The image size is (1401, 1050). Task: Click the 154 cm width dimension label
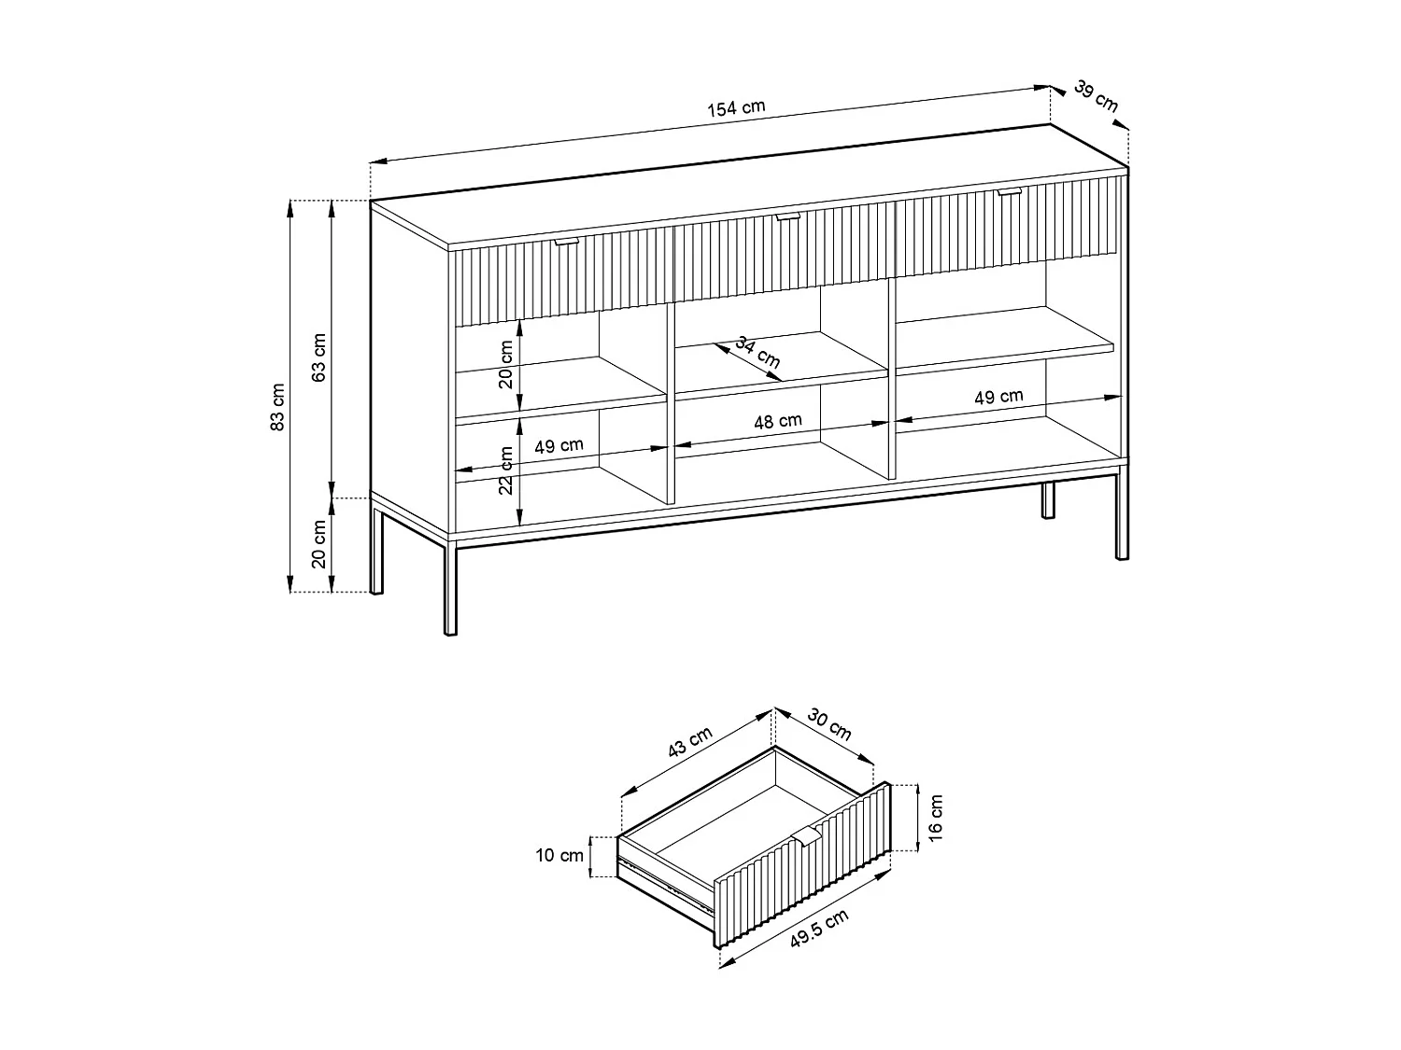pos(735,107)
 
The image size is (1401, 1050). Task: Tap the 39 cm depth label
pos(1096,96)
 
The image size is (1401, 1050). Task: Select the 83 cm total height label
pos(277,407)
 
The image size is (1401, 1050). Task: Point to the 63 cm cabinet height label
pos(318,357)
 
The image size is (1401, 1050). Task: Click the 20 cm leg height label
pos(318,545)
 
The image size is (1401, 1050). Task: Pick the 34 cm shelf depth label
pos(757,351)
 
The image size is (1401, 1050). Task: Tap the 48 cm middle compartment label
pos(778,421)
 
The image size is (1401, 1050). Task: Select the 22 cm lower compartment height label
pos(506,470)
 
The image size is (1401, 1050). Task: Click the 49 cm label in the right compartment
pos(998,397)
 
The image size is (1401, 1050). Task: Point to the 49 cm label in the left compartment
pos(559,446)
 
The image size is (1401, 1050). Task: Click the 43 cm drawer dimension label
pos(690,742)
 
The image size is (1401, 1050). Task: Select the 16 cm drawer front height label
pos(937,817)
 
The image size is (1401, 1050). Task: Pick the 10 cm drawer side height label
pos(559,856)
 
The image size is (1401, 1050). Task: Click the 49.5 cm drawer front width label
pos(819,929)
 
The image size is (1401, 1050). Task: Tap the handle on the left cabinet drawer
pos(566,242)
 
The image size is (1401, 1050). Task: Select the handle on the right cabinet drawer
pos(1009,191)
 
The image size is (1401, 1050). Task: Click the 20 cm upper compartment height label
pos(506,364)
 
